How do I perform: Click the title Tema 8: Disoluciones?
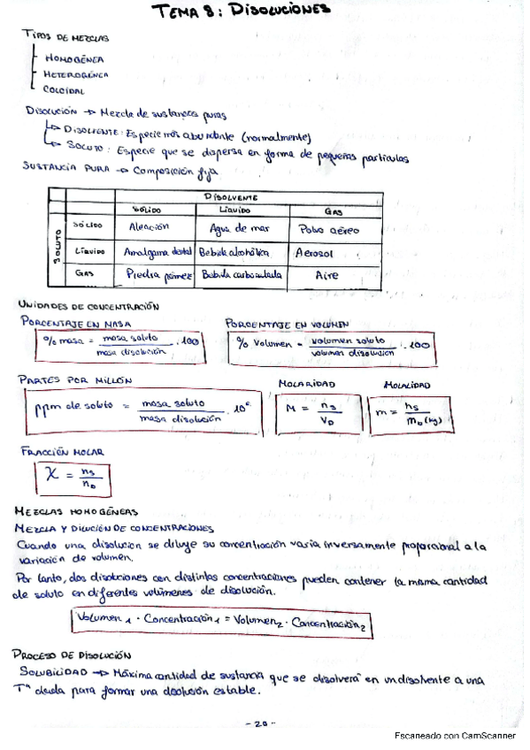click(x=241, y=11)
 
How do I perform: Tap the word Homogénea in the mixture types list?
click(x=73, y=59)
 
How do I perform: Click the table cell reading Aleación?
click(x=150, y=227)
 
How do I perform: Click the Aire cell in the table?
click(x=328, y=275)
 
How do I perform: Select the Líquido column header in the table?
click(x=234, y=210)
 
